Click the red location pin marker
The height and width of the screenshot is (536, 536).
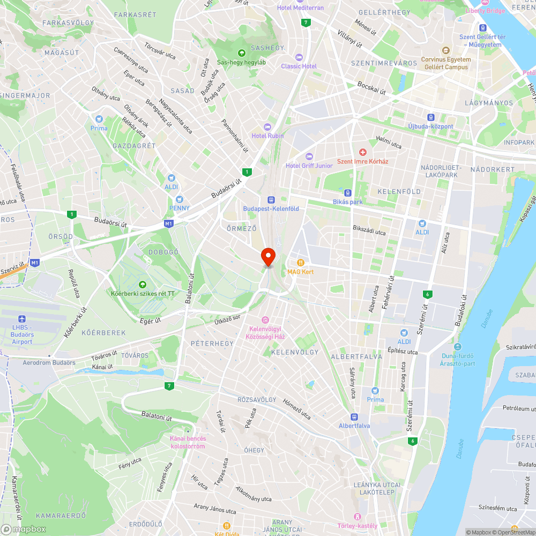click(x=268, y=256)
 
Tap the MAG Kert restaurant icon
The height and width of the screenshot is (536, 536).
click(x=301, y=263)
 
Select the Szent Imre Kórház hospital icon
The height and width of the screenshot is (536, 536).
click(x=363, y=153)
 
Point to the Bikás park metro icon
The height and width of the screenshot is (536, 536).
click(x=348, y=193)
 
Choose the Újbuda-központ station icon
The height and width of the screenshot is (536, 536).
click(x=430, y=117)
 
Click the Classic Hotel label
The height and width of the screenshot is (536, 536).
click(x=299, y=66)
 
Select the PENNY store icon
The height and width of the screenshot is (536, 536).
click(x=179, y=199)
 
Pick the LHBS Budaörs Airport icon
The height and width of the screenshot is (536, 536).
click(x=22, y=319)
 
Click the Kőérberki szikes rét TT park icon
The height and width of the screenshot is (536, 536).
click(x=143, y=285)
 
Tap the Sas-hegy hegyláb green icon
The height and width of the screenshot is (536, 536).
click(x=241, y=53)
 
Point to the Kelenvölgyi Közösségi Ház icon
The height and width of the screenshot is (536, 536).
click(x=264, y=320)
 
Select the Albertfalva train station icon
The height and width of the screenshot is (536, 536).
click(x=354, y=417)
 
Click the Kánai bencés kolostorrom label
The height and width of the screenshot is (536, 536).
click(x=188, y=442)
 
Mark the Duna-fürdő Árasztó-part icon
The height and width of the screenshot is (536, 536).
click(x=457, y=347)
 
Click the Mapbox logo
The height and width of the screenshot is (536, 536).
click(x=24, y=529)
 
